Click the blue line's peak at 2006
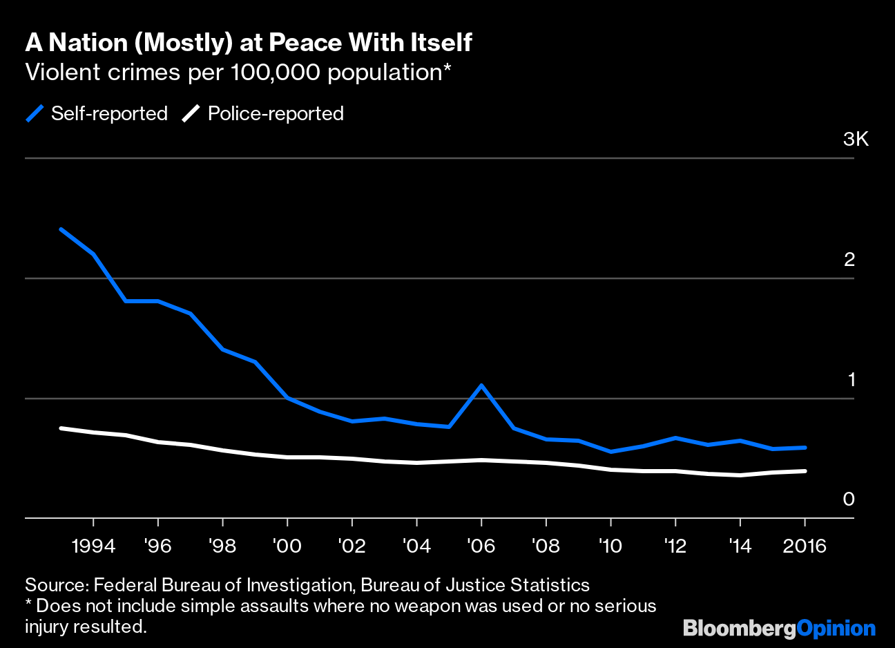[x=481, y=385]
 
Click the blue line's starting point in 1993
[x=61, y=229]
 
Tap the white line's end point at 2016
[x=805, y=471]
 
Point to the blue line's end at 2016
[x=805, y=448]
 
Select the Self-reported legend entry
[x=97, y=113]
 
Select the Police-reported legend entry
[x=263, y=113]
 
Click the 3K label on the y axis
[x=855, y=140]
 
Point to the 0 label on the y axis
[x=849, y=499]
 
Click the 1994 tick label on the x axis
[x=93, y=546]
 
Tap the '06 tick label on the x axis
[x=481, y=546]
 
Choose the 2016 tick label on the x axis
[x=805, y=546]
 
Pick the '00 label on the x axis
[x=287, y=546]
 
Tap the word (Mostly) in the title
[x=183, y=43]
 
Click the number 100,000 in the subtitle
[x=276, y=72]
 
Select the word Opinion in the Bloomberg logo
[x=836, y=628]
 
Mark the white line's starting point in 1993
[x=61, y=428]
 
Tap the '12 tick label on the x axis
[x=675, y=546]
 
